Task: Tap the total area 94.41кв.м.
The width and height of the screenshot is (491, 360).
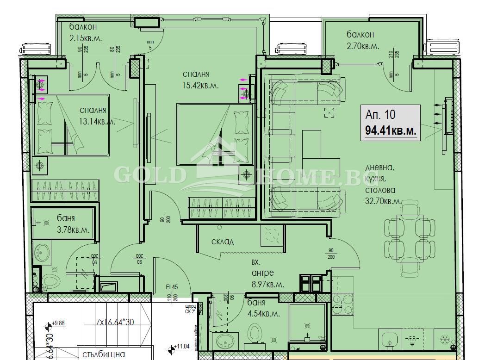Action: point(390,130)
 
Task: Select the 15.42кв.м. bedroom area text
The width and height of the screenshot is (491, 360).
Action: point(200,86)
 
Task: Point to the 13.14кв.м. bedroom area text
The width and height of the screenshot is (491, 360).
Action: point(97,122)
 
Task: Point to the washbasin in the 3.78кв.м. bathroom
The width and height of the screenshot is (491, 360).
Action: point(44,253)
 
